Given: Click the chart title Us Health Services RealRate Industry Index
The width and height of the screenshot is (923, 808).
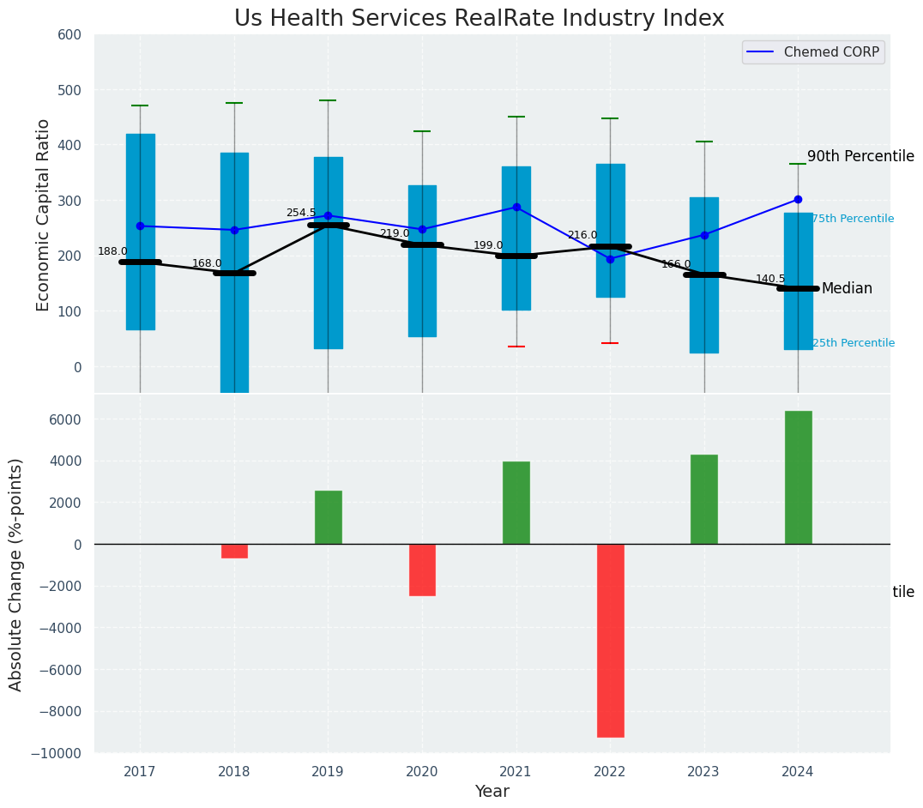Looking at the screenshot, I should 479,19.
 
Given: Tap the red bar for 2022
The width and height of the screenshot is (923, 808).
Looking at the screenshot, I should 610,640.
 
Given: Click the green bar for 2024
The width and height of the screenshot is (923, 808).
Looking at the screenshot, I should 798,477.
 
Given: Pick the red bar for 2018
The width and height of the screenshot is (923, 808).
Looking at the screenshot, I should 234,551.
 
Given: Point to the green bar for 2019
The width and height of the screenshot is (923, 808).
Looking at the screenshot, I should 328,517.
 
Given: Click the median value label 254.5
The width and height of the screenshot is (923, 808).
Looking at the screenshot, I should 300,213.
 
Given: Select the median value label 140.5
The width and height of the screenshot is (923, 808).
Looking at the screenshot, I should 769,279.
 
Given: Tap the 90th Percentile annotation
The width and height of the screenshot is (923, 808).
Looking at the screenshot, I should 860,156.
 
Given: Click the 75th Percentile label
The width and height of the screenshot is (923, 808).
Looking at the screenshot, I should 853,219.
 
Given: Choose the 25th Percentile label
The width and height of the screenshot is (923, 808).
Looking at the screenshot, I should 853,343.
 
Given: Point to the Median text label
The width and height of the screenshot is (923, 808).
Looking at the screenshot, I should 847,288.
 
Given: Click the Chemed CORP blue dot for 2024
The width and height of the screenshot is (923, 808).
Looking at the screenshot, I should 798,199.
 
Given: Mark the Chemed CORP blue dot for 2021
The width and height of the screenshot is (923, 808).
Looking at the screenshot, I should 516,207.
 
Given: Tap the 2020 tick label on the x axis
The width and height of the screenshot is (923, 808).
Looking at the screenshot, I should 421,772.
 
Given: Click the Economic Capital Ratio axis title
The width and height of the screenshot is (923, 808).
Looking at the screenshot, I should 44,214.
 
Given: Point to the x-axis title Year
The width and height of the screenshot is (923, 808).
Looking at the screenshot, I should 492,792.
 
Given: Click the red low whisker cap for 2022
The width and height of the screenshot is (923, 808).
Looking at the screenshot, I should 610,343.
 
